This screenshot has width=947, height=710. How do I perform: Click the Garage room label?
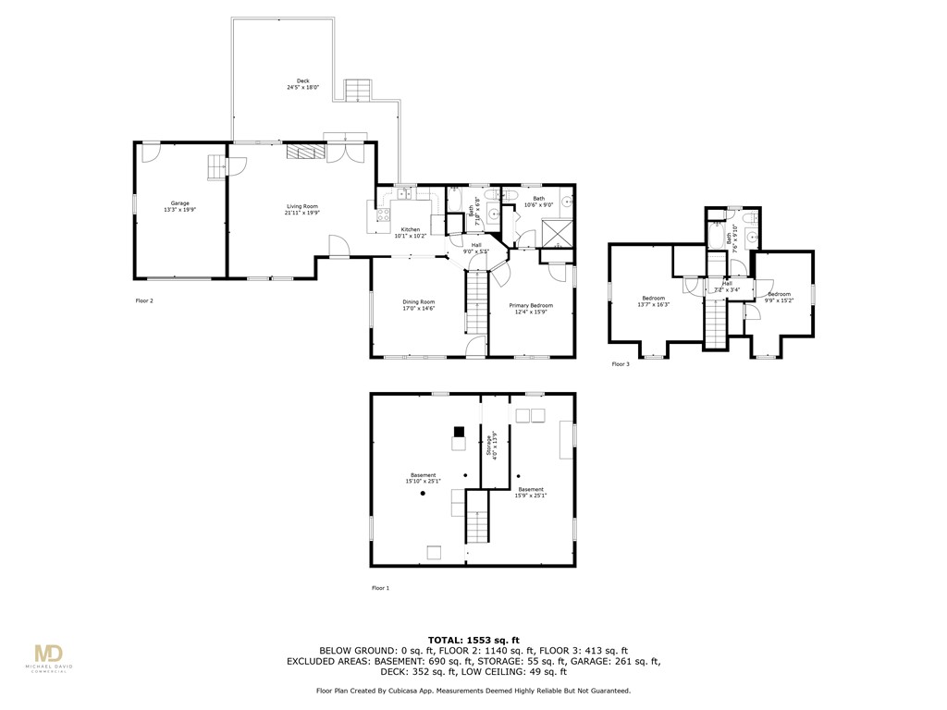click(179, 203)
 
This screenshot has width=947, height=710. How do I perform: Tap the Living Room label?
click(301, 206)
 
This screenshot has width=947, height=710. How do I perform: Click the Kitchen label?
click(410, 229)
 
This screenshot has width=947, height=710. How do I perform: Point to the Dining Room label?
click(418, 302)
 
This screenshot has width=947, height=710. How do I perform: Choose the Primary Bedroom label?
click(532, 305)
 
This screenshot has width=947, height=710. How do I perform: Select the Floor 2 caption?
click(144, 300)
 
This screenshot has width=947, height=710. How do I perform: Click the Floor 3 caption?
click(621, 364)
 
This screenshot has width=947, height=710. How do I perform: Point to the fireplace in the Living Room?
click(303, 153)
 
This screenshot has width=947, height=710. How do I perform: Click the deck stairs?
click(357, 91)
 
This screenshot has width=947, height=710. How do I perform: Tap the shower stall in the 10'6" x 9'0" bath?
click(557, 233)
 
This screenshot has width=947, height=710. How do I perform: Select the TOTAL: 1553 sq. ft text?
click(473, 640)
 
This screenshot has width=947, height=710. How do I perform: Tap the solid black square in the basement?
click(459, 432)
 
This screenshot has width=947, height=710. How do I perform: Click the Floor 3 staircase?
click(716, 325)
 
